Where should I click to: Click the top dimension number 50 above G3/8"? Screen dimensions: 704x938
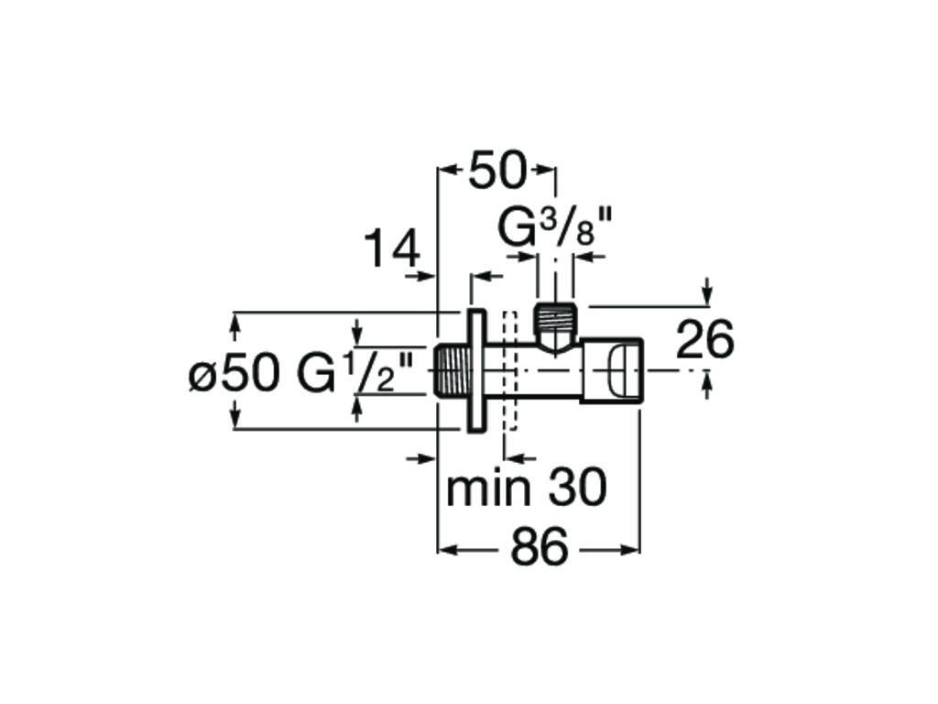pyautogui.click(x=497, y=171)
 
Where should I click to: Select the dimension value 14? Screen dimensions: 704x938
pyautogui.click(x=392, y=248)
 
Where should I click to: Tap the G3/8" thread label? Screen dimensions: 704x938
pyautogui.click(x=554, y=229)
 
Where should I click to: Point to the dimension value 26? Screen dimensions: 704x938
pyautogui.click(x=704, y=340)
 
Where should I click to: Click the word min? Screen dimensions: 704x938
pyautogui.click(x=488, y=489)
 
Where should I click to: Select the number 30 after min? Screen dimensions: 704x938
pyautogui.click(x=577, y=489)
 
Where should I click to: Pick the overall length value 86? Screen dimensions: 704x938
pyautogui.click(x=540, y=550)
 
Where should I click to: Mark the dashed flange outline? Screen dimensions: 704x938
pyautogui.click(x=510, y=371)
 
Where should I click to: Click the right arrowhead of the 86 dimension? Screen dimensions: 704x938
pyautogui.click(x=633, y=551)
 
